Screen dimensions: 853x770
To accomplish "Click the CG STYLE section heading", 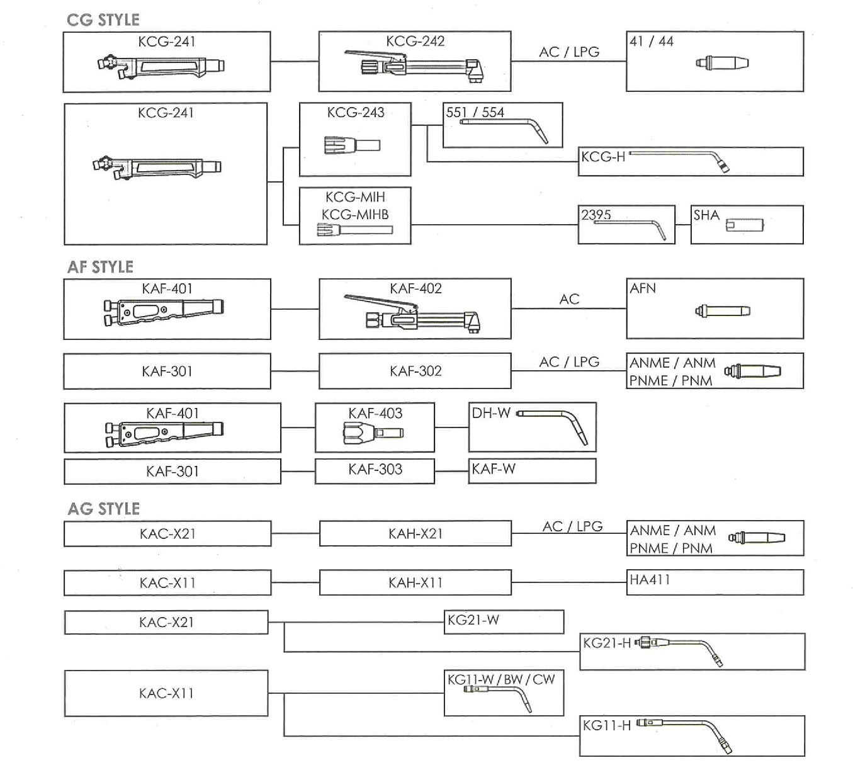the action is pos(103,20).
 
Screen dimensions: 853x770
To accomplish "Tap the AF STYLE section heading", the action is pos(100,267).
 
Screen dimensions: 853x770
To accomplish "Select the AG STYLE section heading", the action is pos(104,509).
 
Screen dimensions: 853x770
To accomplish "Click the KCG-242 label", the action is pos(415,42).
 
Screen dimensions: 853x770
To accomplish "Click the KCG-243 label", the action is pos(356,112).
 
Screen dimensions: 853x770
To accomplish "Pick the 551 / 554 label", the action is pos(475,112).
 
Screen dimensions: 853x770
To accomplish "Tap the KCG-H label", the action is pos(603,157).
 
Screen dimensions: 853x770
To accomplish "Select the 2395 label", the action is pos(596,215).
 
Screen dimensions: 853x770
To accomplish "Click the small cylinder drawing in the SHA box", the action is pos(745,225).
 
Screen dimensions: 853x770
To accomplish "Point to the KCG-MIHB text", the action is pos(355,215).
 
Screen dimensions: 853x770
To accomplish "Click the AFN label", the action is pos(643,288).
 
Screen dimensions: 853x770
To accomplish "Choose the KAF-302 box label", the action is pos(415,371).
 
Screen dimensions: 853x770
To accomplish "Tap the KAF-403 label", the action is pos(375,413).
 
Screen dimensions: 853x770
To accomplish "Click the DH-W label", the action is pos(491,412).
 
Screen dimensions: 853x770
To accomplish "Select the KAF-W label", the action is pos(494,469).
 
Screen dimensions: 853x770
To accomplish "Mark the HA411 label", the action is pos(650,579).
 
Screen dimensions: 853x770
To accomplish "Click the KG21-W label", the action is pos(473,620).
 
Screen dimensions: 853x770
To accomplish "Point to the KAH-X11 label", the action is pos(415,582).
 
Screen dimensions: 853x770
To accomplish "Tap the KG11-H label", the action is pos(607,725).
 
